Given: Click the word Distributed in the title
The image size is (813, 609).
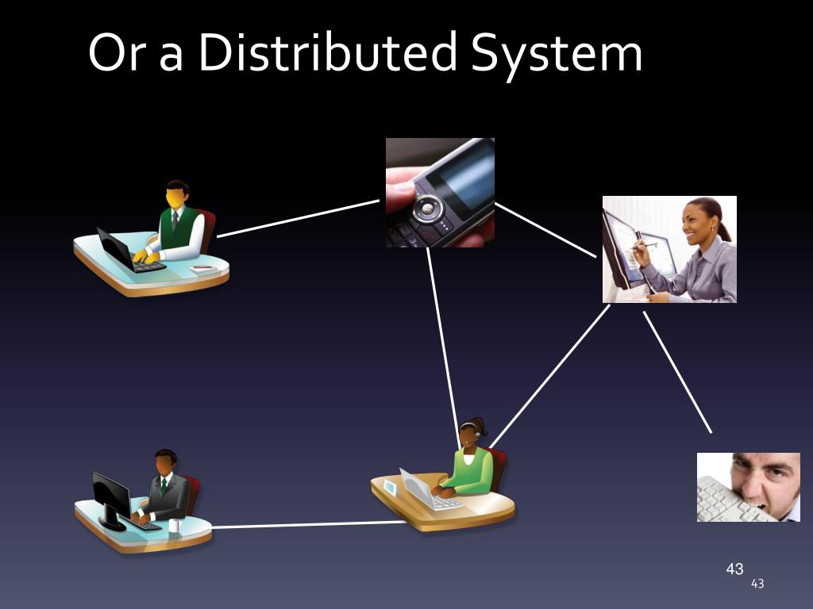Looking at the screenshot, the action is (x=327, y=54).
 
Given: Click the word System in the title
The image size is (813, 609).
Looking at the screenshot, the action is (x=556, y=54).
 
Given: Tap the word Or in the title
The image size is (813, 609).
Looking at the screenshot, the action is (x=117, y=54).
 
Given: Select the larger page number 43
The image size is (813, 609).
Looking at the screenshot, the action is (x=734, y=569).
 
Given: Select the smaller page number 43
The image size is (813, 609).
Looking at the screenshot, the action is (x=757, y=584).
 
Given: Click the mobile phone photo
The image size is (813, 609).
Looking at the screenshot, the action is (x=440, y=193).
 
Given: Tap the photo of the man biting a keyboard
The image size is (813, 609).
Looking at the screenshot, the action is (x=748, y=487).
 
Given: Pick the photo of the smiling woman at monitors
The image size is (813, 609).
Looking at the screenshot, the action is (x=669, y=249).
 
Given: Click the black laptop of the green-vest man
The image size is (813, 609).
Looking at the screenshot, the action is (x=115, y=249).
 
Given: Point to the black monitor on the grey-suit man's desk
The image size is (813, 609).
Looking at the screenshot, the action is (x=110, y=496).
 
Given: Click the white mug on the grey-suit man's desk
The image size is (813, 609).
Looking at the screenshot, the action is (x=174, y=524).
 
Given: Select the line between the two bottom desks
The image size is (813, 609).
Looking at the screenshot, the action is (x=310, y=524).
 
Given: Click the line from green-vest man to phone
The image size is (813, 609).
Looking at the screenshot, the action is (x=298, y=218).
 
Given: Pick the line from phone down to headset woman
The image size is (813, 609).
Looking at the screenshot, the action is (x=443, y=341).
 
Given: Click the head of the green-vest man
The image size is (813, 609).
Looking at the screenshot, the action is (x=176, y=194).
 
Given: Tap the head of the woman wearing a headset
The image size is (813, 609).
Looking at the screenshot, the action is (x=471, y=432).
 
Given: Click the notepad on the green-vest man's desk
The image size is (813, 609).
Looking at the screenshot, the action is (x=202, y=269).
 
